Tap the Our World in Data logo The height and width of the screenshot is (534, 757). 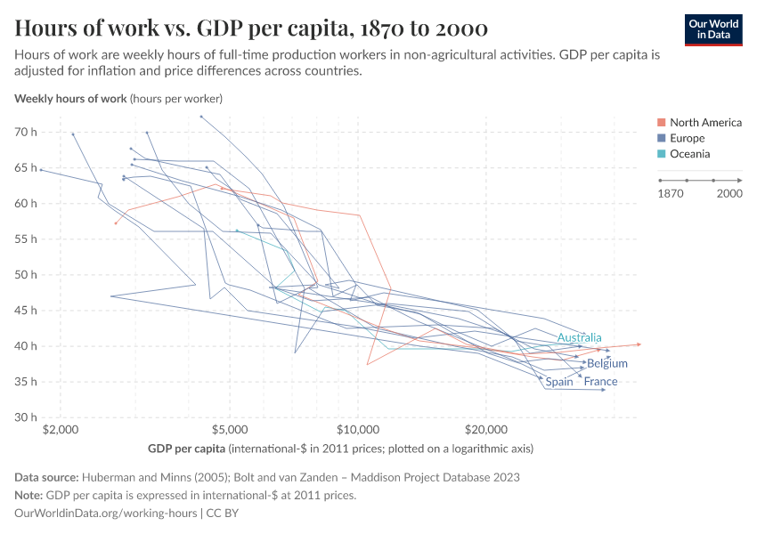[712, 29]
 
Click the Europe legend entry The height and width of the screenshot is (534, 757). [686, 138]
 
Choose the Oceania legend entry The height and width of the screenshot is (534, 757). [689, 154]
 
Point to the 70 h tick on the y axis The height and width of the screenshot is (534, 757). [25, 132]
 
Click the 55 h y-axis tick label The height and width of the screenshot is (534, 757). [25, 239]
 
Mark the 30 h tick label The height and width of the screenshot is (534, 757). [25, 417]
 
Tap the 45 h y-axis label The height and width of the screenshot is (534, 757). [25, 311]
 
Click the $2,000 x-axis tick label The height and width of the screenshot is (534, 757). [60, 428]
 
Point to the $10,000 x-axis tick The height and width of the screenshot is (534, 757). [358, 428]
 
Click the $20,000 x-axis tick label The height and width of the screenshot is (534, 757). [485, 428]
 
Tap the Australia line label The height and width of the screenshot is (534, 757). [579, 337]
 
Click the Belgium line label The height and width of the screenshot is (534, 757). [607, 363]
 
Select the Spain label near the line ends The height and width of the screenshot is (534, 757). [559, 382]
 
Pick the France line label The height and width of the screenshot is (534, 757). [600, 382]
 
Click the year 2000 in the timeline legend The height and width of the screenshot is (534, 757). [729, 193]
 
